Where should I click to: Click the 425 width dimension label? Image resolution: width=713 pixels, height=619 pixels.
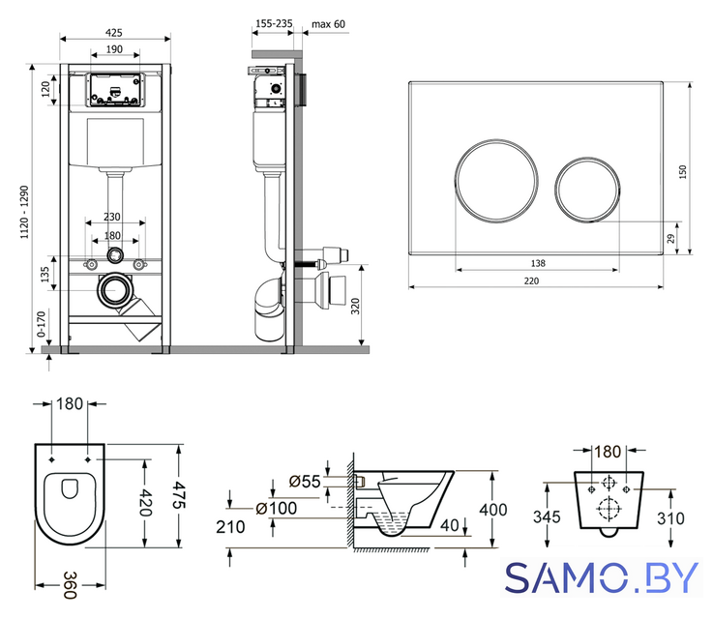pos(114,33)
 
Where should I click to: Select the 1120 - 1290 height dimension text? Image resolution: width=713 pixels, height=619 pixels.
pos(24,212)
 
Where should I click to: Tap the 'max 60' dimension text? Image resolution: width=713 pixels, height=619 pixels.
pos(328,24)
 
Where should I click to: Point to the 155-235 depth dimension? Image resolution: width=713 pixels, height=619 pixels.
pos(274,23)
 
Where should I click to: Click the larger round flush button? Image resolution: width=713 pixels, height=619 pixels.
pos(496,181)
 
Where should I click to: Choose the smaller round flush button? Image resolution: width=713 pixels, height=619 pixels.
pos(587,189)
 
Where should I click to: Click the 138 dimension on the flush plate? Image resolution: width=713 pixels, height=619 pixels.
pos(538,263)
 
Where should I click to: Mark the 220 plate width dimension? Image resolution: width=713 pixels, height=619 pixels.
pos(531,280)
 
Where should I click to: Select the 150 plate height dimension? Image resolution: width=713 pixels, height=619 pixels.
pos(683,171)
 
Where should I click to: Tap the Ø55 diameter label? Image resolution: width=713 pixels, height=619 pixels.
pos(305,482)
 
